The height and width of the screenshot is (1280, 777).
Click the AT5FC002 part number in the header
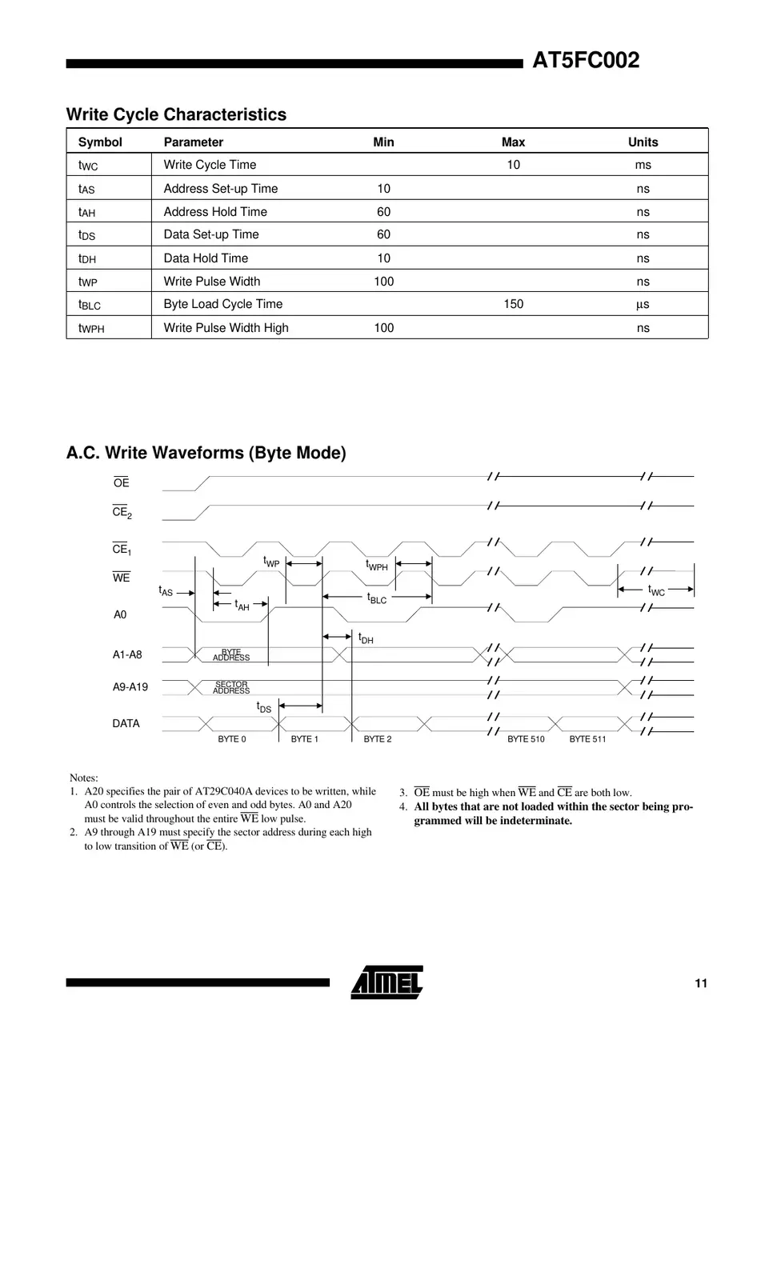coord(586,61)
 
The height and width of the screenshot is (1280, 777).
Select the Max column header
coord(513,142)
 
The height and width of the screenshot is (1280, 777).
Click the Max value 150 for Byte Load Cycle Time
coord(513,304)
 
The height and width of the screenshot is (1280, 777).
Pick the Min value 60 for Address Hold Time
coord(383,212)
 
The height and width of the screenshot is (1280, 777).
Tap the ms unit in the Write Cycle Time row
coord(643,165)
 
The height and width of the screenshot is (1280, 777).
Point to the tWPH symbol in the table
coord(91,328)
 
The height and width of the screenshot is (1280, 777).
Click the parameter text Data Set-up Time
coord(211,234)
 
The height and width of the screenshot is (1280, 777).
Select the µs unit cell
coord(643,304)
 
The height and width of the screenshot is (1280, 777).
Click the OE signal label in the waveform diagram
coord(121,482)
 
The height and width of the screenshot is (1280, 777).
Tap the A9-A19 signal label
coord(130,686)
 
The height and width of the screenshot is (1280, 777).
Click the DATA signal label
coord(126,723)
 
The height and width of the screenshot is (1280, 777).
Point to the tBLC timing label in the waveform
coord(377,598)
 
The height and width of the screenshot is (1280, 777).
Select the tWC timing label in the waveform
coord(656,590)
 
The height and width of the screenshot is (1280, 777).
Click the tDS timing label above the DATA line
coord(263,707)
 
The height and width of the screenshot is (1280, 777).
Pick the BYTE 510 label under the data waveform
coord(526,739)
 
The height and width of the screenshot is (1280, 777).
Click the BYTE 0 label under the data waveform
coord(232,739)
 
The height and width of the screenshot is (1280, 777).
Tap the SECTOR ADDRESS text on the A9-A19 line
coord(231,687)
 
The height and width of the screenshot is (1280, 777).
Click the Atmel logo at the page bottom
coord(387,982)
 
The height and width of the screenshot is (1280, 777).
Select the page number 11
coord(700,983)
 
